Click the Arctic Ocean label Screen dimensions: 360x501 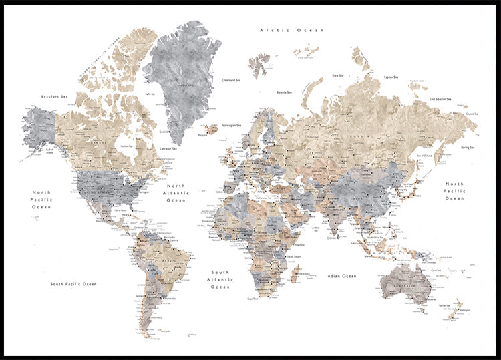coord(292,30)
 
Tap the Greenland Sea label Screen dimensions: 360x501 coord(231,80)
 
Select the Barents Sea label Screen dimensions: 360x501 coord(284,92)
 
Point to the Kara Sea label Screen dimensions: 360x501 coord(338,76)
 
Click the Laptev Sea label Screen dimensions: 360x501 coord(391,77)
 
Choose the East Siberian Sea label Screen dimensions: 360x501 coord(440,99)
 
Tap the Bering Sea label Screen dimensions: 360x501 coord(467,147)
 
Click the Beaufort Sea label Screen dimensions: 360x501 coord(55,97)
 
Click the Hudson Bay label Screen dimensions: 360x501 coord(125,146)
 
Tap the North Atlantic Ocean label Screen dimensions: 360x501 coord(176,193)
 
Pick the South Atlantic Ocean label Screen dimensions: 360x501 coord(220,279)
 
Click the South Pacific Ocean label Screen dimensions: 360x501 coord(73,284)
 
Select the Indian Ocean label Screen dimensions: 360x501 coord(341,275)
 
